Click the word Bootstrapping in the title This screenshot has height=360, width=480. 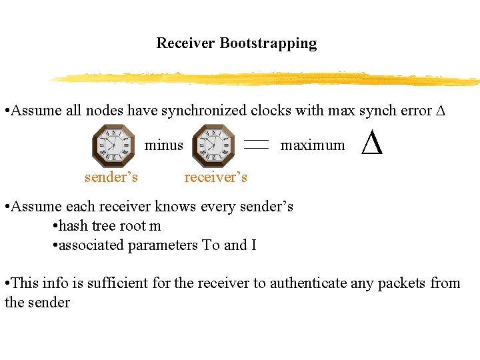click(268, 43)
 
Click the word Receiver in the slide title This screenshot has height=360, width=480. click(186, 43)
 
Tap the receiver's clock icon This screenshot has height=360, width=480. click(213, 145)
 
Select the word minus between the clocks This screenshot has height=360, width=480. click(164, 145)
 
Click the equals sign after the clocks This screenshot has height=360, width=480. click(256, 144)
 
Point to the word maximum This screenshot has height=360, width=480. click(313, 145)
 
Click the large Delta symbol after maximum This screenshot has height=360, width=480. click(372, 143)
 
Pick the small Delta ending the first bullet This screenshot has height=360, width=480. click(439, 111)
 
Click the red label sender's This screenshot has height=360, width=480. click(111, 177)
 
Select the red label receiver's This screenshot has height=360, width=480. click(215, 177)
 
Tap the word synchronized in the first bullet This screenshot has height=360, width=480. click(203, 111)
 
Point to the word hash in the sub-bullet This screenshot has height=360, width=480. click(73, 226)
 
